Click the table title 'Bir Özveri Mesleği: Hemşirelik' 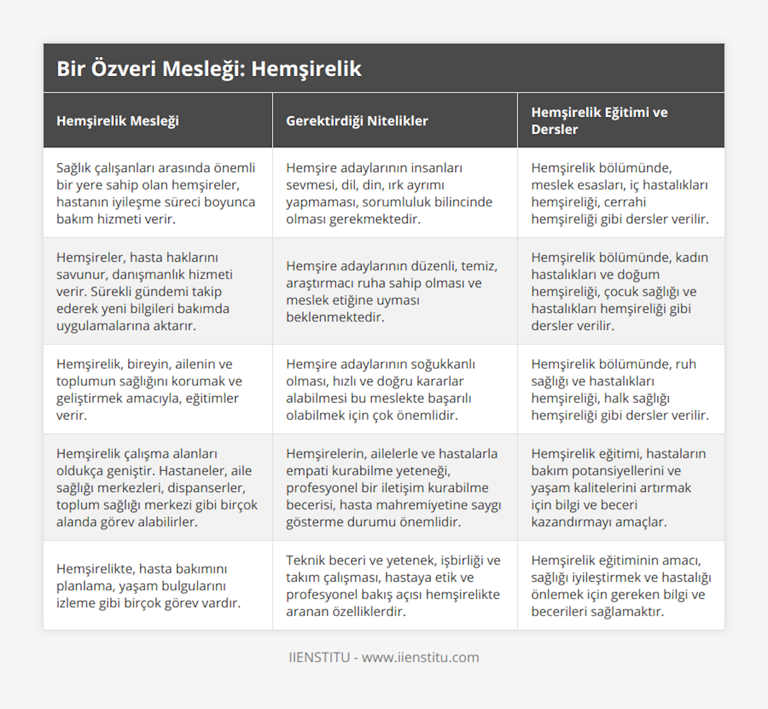tap(209, 69)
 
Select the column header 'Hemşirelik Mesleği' tap(118, 121)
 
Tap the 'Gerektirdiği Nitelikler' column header tap(357, 121)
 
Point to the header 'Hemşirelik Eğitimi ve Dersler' tap(599, 121)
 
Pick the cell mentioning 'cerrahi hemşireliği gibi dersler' tap(620, 193)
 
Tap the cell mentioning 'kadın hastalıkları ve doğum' tap(620, 291)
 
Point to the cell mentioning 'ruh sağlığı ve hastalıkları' tap(620, 389)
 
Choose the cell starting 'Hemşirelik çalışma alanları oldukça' tap(157, 488)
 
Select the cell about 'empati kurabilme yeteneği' tap(394, 488)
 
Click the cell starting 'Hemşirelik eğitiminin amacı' tap(621, 586)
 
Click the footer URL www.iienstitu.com tap(420, 657)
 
